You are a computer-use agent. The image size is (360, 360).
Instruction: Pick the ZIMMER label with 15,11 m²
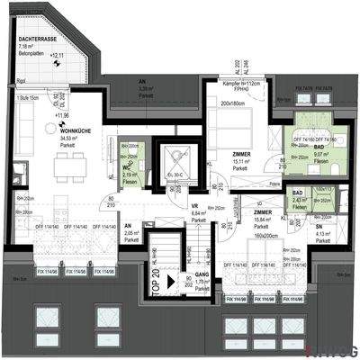240,154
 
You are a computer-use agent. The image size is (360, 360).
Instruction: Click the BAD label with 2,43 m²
298,193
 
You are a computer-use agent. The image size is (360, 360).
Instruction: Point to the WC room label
129,167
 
